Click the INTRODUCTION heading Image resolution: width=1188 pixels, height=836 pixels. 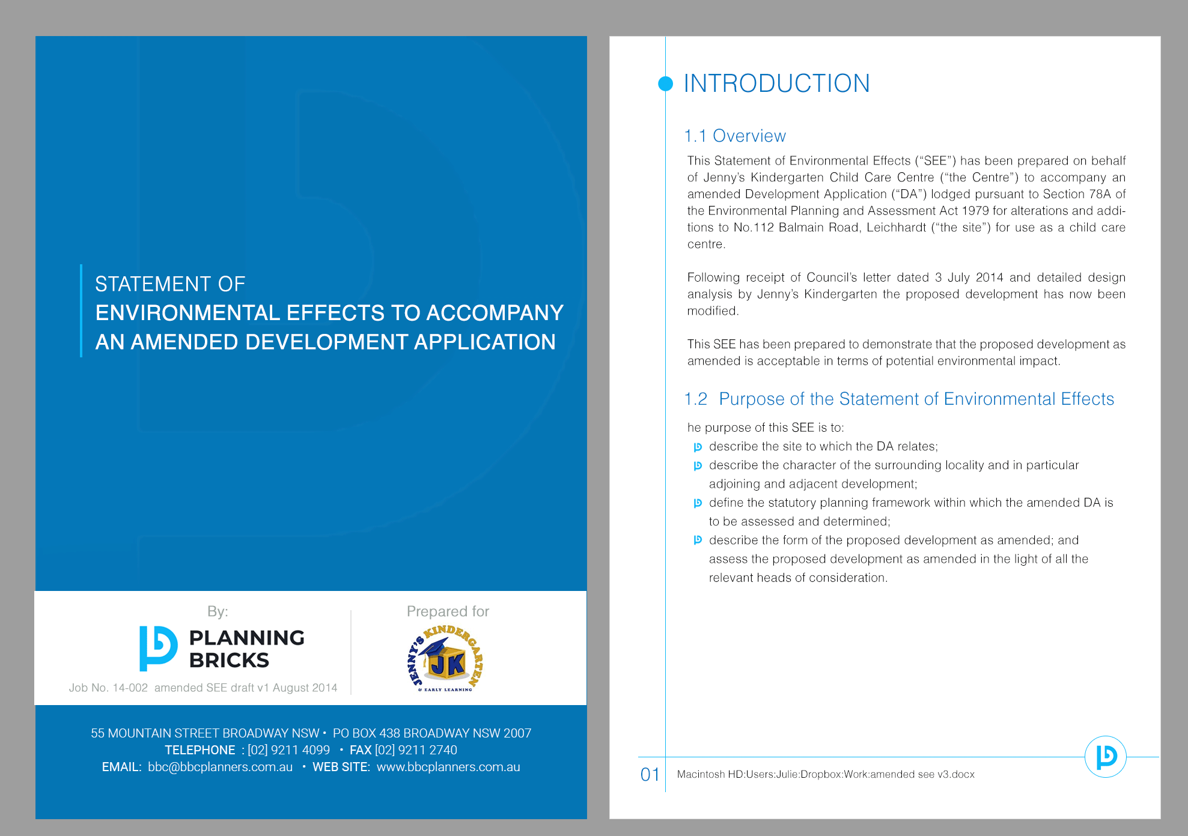[x=776, y=83]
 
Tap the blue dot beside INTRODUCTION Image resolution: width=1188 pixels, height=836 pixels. [x=665, y=83]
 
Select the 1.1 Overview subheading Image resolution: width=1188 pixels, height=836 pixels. [x=734, y=136]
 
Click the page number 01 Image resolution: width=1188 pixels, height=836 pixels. [x=650, y=774]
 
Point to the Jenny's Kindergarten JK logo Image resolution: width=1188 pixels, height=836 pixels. [x=446, y=659]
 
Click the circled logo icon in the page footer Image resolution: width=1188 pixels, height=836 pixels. [x=1105, y=757]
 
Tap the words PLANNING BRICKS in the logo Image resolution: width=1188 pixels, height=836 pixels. [x=246, y=649]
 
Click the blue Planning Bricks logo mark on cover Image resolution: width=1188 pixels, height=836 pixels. [x=158, y=648]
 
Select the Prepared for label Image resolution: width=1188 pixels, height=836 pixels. [x=448, y=611]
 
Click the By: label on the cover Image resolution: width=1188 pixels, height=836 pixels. [x=218, y=611]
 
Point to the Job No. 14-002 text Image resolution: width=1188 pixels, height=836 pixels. [x=108, y=688]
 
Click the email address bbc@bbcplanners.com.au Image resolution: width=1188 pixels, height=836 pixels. [x=220, y=767]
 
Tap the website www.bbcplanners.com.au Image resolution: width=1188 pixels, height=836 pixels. [x=448, y=767]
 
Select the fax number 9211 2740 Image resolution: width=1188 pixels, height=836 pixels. [x=416, y=750]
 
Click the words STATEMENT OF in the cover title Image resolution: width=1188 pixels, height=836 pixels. [x=170, y=284]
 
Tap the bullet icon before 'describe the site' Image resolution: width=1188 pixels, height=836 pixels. [x=698, y=447]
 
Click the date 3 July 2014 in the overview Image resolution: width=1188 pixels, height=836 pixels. [x=969, y=277]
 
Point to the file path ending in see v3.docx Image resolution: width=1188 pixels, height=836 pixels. [x=826, y=774]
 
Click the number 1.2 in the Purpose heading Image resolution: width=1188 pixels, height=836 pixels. [x=696, y=399]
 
